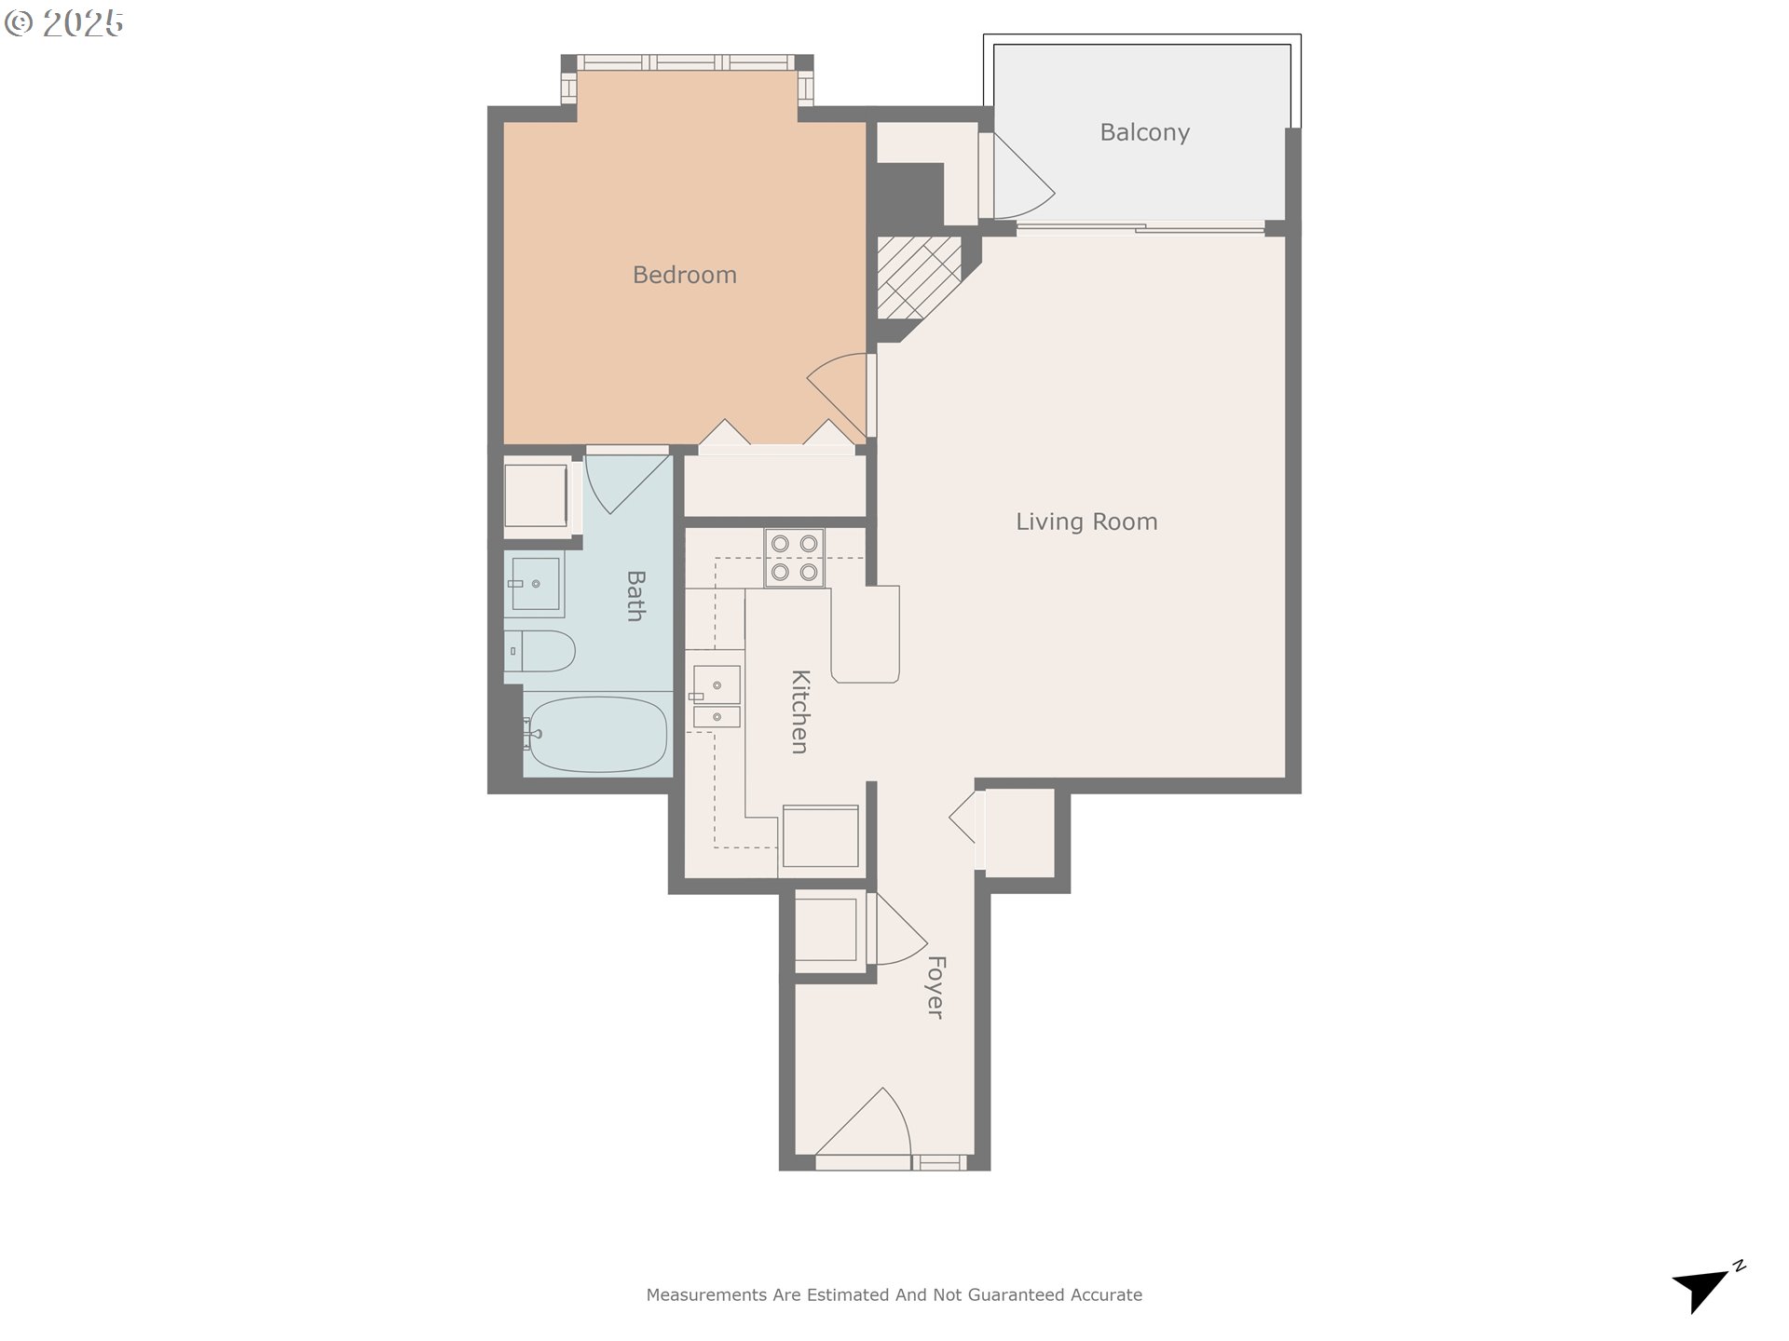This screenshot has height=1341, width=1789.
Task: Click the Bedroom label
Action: point(684,275)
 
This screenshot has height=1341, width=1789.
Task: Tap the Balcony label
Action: point(1144,132)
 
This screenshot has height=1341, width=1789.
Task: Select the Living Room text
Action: point(1086,521)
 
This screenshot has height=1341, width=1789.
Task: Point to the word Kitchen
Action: point(799,711)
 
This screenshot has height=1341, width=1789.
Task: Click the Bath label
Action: point(635,596)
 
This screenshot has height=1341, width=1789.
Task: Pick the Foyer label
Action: point(935,987)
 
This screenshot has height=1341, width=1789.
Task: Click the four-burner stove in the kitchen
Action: point(795,558)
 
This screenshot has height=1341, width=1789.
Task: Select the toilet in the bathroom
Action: point(539,651)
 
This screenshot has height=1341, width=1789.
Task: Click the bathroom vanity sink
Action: point(535,584)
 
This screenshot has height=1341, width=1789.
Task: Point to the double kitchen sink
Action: point(716,697)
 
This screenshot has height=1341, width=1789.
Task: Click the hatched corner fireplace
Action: point(918,277)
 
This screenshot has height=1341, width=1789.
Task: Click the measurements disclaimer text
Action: point(894,1294)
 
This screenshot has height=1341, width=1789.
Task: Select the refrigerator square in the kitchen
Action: point(820,836)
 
